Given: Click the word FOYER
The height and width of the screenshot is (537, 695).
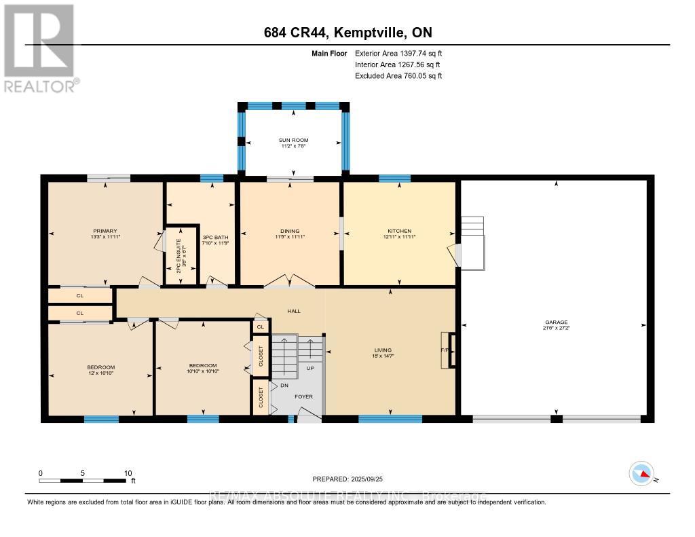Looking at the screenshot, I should point(303,396).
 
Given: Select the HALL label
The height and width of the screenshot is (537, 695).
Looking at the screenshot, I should point(293,311).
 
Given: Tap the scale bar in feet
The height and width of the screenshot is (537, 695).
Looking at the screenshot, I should point(83,481).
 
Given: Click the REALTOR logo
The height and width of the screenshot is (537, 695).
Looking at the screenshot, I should point(41,48).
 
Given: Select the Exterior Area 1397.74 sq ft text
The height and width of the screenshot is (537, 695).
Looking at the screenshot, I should point(398,53).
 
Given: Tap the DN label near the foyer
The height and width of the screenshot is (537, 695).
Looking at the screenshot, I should point(284,385).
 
